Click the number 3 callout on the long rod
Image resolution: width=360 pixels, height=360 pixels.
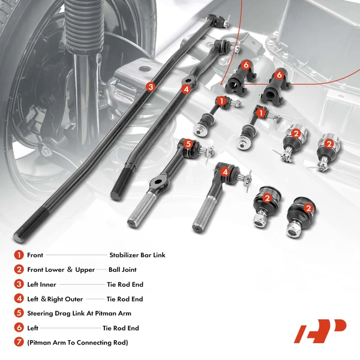tap(151, 86)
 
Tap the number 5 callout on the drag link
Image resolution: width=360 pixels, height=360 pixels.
tap(188, 144)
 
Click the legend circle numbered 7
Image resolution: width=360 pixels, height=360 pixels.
tap(19, 343)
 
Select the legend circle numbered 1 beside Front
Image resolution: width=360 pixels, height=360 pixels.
tap(19, 255)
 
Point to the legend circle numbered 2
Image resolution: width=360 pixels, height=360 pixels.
tap(19, 270)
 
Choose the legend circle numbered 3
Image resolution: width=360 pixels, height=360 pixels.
tap(19, 284)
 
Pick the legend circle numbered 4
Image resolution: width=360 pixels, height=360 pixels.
tap(19, 299)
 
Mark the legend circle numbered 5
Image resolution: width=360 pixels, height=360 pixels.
tap(19, 313)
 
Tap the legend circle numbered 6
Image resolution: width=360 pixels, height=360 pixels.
tap(19, 328)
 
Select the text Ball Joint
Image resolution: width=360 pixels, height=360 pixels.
tap(127, 270)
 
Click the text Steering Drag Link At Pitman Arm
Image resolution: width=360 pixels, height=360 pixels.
tap(79, 313)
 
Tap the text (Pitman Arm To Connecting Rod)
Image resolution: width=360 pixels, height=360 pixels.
tap(77, 343)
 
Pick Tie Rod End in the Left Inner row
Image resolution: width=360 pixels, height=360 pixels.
tap(125, 284)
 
